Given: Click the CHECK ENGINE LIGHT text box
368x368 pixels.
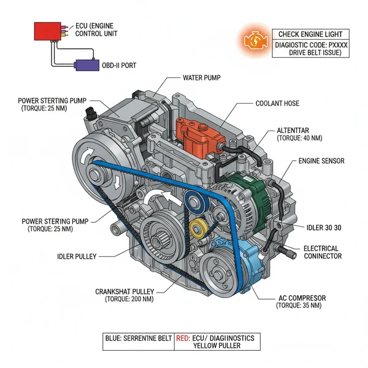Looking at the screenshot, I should point(310,34).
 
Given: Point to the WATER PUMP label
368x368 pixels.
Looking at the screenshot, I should point(202,79).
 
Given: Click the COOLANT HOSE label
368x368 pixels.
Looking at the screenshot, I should point(277,103).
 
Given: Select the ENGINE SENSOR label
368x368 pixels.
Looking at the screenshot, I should point(321,161).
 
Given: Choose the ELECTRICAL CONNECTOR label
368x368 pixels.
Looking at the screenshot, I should point(323,252).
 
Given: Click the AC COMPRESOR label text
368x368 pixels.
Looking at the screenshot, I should point(302,298).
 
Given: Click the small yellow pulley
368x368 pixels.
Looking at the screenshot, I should point(198,231).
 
